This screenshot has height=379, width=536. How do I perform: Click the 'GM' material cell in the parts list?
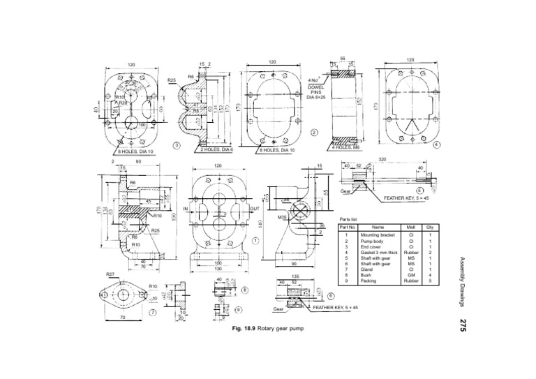tap(411, 275)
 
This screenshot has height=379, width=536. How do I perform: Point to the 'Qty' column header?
tap(430, 227)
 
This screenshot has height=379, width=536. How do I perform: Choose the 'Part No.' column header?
tap(348, 227)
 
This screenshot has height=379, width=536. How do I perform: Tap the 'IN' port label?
tap(186, 209)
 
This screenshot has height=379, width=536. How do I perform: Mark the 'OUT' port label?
tap(254, 209)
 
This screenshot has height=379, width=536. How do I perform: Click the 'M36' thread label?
tap(283, 217)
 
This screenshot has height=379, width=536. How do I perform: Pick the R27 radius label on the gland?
tap(110, 276)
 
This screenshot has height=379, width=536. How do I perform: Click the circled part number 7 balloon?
tap(154, 313)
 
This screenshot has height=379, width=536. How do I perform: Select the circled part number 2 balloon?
tap(314, 132)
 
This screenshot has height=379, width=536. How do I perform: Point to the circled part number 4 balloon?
tap(435, 144)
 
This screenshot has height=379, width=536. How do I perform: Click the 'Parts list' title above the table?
tap(348, 218)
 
